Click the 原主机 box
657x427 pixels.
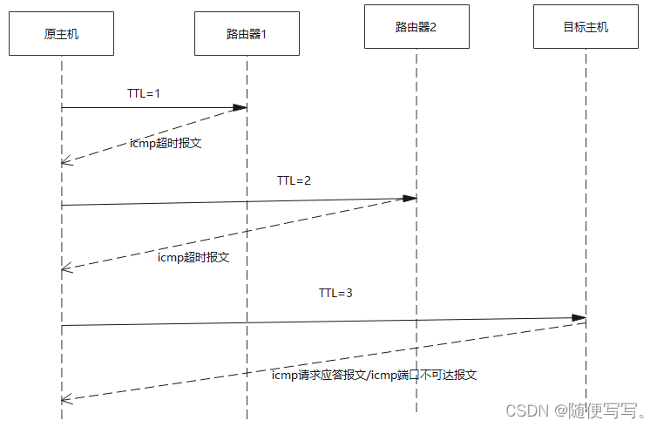62,34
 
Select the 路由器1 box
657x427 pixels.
247,34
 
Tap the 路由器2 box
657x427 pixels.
417,27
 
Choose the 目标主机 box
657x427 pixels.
586,27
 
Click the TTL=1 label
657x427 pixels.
144,92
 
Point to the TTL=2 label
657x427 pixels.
295,181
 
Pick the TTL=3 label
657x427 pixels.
335,293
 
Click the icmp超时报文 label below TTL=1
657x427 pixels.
166,143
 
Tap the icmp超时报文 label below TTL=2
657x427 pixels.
193,258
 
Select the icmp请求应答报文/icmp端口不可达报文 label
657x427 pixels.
374,375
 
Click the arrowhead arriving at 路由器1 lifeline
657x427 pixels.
240,107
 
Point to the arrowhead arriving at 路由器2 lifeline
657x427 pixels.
410,198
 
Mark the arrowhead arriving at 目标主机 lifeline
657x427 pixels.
579,318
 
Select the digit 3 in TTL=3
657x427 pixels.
349,293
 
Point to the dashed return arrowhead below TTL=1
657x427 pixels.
67,162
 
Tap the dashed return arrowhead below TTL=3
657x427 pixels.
67,399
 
